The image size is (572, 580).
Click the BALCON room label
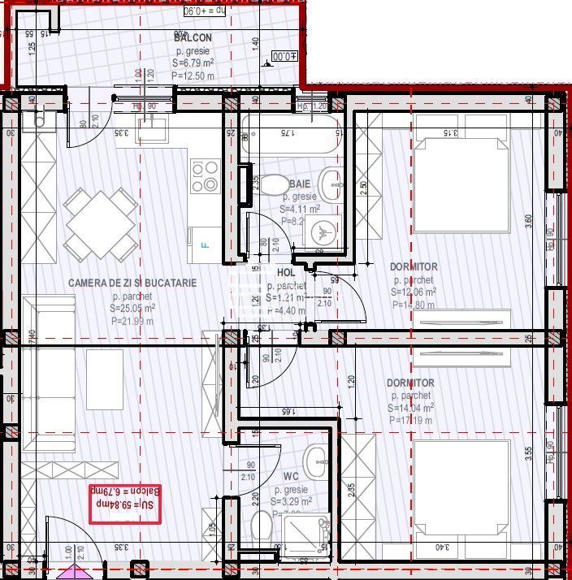pyautogui.click(x=193, y=37)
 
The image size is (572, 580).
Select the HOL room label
pyautogui.click(x=285, y=273)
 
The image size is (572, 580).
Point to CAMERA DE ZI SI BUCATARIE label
pyautogui.click(x=132, y=283)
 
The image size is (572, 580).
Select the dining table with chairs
pyautogui.click(x=102, y=223)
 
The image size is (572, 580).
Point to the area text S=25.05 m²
pyautogui.click(x=132, y=309)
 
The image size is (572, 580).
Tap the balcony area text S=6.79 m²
pyautogui.click(x=193, y=63)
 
